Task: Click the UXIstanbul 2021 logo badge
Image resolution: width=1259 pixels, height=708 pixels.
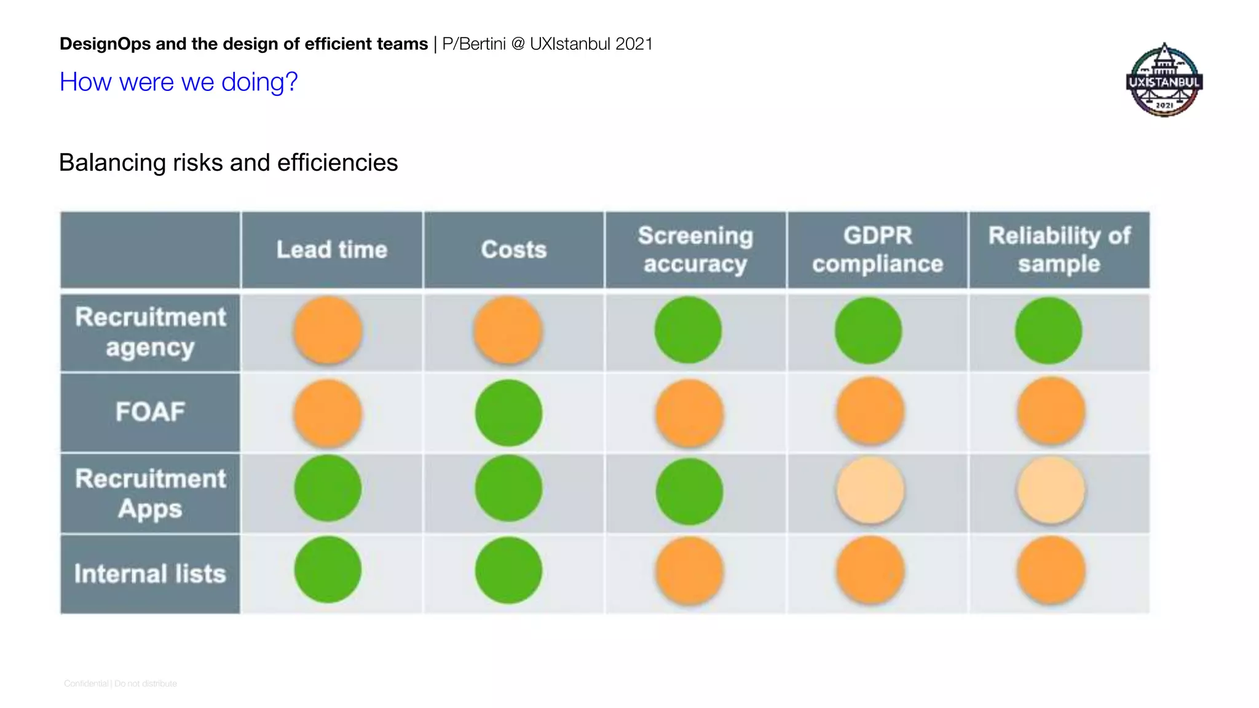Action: point(1164,81)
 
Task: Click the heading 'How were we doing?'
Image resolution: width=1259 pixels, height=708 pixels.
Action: point(178,82)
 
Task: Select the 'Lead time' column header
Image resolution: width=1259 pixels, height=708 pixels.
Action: point(332,250)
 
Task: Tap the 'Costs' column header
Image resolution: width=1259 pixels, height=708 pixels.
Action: point(513,250)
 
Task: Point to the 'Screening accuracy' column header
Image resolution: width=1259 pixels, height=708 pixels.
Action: point(695,250)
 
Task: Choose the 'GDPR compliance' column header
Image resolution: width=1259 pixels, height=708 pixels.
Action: point(877,250)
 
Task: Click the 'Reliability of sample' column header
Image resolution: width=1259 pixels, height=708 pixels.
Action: point(1059,250)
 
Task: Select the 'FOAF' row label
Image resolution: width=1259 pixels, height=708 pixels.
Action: point(150,412)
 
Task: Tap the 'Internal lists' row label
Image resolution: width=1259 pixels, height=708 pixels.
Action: point(150,573)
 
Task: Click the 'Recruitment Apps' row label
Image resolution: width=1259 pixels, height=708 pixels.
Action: point(150,494)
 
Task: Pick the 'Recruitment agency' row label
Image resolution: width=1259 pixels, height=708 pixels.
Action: point(150,332)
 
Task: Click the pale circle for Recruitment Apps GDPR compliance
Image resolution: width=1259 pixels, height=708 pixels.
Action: point(870,490)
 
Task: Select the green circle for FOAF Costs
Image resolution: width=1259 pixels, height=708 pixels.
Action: point(508,412)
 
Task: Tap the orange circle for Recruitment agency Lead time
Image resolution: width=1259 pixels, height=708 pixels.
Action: point(328,330)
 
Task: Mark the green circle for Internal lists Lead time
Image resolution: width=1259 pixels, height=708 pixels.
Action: point(328,570)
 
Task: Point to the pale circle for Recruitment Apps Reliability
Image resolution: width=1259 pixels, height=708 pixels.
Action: point(1051,490)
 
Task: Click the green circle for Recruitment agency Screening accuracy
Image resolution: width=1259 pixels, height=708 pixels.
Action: point(688,330)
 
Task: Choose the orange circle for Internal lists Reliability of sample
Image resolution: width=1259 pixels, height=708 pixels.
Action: point(1051,570)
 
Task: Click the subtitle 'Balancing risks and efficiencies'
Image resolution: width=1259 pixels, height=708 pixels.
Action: point(228,163)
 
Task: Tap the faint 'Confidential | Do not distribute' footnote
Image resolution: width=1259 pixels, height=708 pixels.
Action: point(120,683)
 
